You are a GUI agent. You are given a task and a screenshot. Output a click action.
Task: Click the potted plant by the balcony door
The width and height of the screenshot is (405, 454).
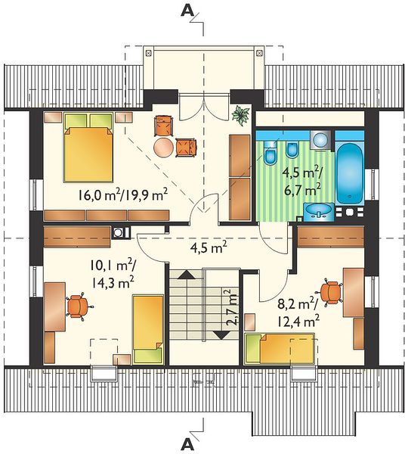pos(240,115)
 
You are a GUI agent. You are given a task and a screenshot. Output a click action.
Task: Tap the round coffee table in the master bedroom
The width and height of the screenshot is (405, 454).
pos(163,148)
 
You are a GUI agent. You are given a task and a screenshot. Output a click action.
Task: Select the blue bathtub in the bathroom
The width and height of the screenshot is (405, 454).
pos(350,173)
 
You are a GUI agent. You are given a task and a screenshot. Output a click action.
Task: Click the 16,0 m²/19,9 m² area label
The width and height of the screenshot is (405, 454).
pos(122,195)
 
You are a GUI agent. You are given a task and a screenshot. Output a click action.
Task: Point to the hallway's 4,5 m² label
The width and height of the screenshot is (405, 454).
pos(208,247)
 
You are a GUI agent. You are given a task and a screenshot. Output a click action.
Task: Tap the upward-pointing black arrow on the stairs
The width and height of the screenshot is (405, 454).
pos(187,274)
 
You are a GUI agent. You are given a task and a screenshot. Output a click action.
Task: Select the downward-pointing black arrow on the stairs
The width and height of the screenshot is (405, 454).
pos(221,335)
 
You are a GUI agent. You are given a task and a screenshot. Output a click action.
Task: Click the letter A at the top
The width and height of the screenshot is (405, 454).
pos(187,11)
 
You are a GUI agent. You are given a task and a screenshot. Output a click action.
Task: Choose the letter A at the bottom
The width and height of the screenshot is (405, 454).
pos(187,445)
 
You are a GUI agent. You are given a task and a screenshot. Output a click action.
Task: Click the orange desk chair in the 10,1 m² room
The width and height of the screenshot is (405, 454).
pos(79,306)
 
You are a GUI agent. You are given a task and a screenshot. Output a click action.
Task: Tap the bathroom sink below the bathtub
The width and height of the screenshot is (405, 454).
pos(319,210)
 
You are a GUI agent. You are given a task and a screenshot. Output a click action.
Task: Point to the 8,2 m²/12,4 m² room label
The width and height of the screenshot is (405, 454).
pos(298,313)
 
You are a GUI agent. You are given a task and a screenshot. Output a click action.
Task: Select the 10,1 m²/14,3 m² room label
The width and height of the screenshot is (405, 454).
pos(113,274)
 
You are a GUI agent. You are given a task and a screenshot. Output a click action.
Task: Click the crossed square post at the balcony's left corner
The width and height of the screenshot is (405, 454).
pos(149,53)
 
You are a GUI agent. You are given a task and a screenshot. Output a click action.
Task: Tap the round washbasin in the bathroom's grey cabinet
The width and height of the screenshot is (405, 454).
pos(320,140)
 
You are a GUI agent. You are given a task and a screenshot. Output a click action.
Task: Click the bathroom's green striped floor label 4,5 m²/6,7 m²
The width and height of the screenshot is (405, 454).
pos(301,182)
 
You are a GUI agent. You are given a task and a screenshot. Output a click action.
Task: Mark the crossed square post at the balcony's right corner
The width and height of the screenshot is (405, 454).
pos(259,53)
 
